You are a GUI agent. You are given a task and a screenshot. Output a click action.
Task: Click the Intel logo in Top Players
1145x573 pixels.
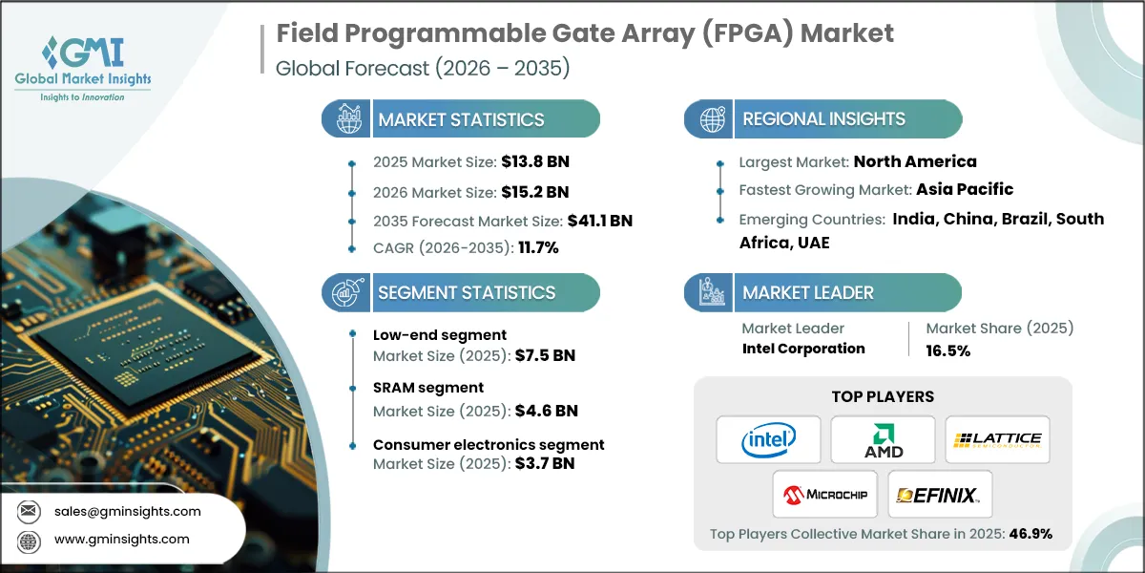[x=768, y=439]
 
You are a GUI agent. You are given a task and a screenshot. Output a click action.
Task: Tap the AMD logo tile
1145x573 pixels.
[x=883, y=439]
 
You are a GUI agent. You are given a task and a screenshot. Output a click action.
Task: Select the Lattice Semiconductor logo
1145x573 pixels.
[x=997, y=439]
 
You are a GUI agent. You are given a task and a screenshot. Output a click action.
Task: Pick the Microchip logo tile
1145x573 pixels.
[x=825, y=494]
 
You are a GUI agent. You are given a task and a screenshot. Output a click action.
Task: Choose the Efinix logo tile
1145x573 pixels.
[x=940, y=494]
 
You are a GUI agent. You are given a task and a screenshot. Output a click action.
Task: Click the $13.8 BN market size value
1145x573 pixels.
[x=534, y=161]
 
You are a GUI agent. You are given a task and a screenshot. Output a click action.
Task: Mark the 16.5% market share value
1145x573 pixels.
[x=948, y=350]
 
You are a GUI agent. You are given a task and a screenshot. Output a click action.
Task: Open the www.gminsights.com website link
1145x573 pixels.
[x=122, y=540]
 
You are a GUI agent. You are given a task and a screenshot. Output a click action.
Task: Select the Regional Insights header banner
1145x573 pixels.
[x=822, y=119]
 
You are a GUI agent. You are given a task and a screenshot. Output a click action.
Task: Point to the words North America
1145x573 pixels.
[x=915, y=161]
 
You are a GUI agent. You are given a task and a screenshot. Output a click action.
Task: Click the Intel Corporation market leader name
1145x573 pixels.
[x=803, y=349]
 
